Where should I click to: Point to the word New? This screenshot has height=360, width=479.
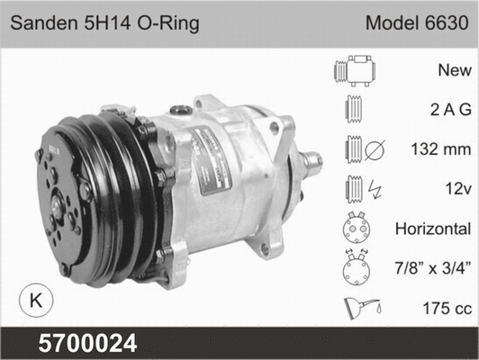coord(453,69)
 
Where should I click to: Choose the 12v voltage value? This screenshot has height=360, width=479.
coord(455,187)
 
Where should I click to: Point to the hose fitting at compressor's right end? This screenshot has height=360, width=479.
coord(311,164)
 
